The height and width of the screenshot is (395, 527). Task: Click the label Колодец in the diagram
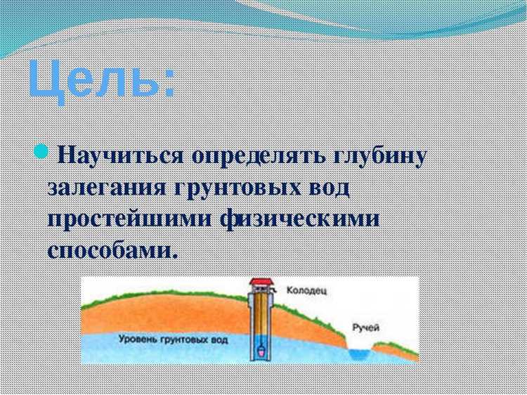click(x=307, y=289)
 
